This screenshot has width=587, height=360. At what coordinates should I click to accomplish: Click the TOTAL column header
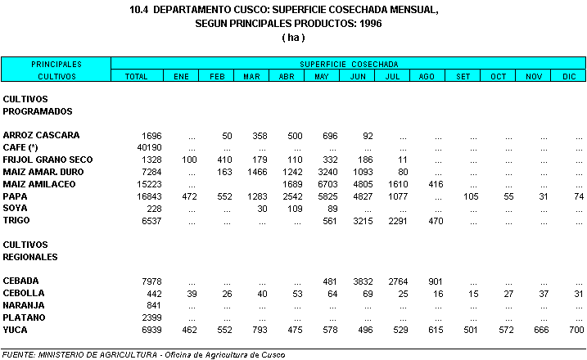click(x=136, y=76)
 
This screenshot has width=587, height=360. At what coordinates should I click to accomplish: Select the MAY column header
click(x=321, y=76)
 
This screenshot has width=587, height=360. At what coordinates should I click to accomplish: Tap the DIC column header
click(x=569, y=76)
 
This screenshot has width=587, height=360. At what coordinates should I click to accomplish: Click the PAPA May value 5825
click(x=327, y=196)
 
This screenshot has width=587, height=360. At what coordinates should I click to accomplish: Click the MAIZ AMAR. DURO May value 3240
click(x=327, y=172)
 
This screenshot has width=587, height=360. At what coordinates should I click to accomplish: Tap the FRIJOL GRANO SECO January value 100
click(x=189, y=160)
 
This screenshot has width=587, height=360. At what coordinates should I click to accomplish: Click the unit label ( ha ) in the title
click(x=292, y=38)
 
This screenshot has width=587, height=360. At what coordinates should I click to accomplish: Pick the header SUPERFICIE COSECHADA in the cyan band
click(x=349, y=64)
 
